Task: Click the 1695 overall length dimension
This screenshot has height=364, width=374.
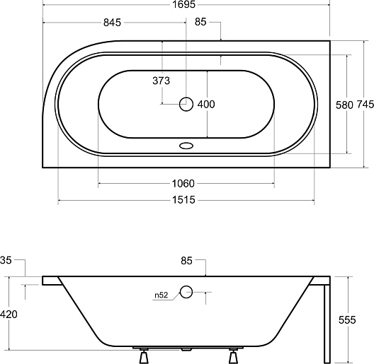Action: point(183,4)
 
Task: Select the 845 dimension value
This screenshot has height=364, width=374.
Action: point(112,23)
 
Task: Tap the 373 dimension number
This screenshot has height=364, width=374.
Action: point(161,81)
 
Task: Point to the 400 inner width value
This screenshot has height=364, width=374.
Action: point(206,105)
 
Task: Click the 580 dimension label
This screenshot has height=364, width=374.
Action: point(344,105)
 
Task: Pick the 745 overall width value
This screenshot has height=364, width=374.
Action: point(365,105)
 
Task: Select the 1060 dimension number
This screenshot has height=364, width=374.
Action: point(183,184)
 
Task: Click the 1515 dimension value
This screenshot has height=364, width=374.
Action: point(183,200)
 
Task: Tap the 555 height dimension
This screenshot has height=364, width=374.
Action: point(347,320)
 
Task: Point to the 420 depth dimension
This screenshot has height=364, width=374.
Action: point(8,315)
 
